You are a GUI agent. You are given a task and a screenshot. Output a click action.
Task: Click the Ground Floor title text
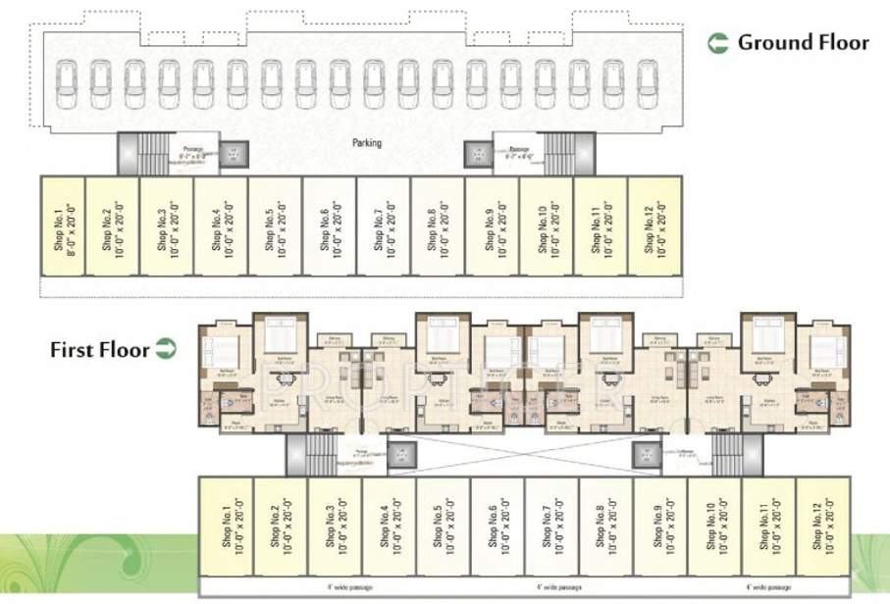coord(803,42)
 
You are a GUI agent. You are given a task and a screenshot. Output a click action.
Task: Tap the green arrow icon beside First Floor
coord(166,349)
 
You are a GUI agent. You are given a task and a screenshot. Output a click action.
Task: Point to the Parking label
coord(367,143)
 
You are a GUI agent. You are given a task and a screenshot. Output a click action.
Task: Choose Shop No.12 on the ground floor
coord(654,226)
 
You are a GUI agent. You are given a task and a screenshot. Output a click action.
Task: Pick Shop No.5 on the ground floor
coord(275,226)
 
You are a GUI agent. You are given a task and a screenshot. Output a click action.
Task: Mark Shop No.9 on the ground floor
coord(491,226)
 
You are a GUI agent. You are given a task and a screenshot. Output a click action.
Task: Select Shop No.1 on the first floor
coord(226,527)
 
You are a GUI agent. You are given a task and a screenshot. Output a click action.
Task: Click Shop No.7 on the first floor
coord(550,527)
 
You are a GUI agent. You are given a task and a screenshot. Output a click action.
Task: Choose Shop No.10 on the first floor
coord(713,527)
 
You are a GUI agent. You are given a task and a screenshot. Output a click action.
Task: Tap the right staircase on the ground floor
coord(557,153)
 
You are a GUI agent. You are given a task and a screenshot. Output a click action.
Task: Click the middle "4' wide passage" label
coord(550,588)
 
